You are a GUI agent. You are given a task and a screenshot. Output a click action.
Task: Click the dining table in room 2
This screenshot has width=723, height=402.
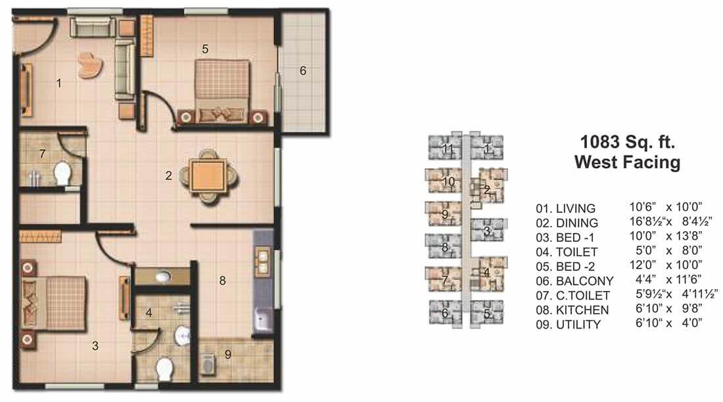(206, 175)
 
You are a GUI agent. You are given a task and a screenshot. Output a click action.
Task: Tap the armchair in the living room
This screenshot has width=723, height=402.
(90, 65)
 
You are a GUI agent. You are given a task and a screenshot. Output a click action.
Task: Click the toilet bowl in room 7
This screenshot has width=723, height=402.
(63, 174)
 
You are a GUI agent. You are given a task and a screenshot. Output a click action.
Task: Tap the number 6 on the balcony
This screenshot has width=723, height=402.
(303, 71)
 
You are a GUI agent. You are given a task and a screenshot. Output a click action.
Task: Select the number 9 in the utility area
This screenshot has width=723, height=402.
(228, 355)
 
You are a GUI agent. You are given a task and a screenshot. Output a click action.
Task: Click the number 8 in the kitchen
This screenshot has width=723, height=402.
(223, 280)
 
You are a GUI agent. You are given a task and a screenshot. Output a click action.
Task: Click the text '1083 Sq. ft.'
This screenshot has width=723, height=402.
(628, 141)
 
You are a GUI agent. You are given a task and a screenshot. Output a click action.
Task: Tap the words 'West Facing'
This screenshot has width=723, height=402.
(627, 162)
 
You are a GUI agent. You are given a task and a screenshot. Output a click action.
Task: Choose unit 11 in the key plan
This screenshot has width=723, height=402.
(448, 148)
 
